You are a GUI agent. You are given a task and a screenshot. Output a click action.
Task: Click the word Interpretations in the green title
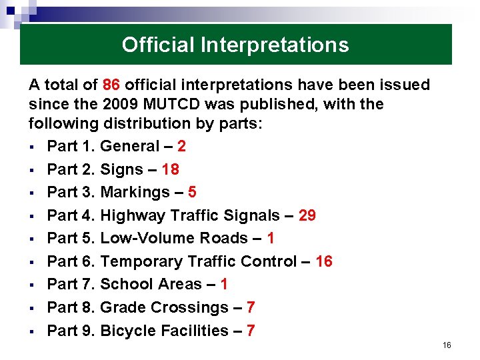275,45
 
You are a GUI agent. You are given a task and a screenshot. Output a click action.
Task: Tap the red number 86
111,85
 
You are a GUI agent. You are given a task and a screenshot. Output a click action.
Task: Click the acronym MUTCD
167,105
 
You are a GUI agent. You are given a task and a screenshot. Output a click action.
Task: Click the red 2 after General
181,147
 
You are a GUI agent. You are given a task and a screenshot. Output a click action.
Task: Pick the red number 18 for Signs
170,169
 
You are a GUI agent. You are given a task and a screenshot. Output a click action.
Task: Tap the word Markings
135,193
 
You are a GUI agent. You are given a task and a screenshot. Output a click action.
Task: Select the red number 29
307,215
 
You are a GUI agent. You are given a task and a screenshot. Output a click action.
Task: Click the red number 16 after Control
323,261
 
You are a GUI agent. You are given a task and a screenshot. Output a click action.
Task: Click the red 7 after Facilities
251,331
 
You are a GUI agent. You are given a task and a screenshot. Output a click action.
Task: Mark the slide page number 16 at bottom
447,345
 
